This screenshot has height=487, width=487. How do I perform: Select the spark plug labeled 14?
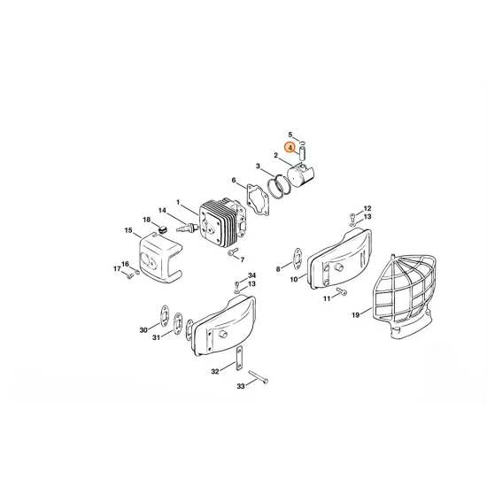point(187,226)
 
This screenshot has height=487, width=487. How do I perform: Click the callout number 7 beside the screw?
point(243,258)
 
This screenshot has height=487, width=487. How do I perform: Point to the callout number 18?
point(147,219)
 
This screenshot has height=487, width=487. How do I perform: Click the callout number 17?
point(116,269)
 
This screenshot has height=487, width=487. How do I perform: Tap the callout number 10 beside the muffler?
point(293,279)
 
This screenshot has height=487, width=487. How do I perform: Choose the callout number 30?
point(143,330)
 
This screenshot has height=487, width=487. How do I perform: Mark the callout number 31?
point(157,336)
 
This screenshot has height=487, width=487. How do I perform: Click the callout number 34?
point(252,275)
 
